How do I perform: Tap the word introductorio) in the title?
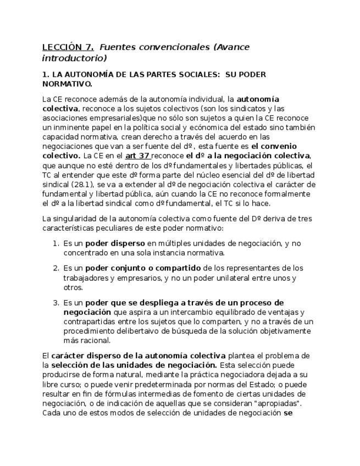74,58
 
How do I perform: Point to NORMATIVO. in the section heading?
67,84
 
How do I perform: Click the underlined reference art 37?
138,156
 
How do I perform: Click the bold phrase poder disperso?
114,243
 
